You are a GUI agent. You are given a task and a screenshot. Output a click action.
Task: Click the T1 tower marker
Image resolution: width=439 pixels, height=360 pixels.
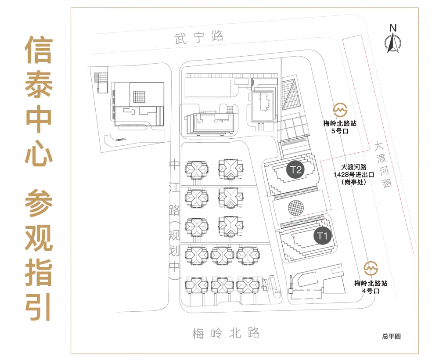[x=323, y=236]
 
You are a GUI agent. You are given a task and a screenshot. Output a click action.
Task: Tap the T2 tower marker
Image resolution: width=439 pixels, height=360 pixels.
[x=296, y=169]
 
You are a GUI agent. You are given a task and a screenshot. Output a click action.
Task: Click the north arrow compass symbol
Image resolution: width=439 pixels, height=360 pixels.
[x=392, y=43]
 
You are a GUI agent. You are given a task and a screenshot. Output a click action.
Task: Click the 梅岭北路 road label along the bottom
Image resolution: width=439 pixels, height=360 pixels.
[x=226, y=333]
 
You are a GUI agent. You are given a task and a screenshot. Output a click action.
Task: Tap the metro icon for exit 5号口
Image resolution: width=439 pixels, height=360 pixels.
[x=339, y=110]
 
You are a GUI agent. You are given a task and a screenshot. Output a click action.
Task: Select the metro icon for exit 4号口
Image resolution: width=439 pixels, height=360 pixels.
[x=371, y=267]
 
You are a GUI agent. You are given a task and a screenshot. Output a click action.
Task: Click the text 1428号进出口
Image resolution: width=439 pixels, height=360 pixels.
[x=353, y=174]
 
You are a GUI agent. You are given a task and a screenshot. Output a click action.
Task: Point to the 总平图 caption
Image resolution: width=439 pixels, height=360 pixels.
[x=391, y=336]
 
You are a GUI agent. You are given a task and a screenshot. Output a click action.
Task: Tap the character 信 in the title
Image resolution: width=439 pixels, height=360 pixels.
[x=38, y=49]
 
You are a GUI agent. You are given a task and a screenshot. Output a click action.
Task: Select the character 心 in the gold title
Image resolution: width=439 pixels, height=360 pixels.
[x=38, y=153]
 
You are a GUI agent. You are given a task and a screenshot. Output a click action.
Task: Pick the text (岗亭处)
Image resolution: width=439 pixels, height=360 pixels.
[x=353, y=182]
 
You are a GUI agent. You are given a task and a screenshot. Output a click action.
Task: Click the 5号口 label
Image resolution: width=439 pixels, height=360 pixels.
[x=339, y=131]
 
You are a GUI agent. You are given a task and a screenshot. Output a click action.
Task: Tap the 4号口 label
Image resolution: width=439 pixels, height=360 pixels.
[x=371, y=291]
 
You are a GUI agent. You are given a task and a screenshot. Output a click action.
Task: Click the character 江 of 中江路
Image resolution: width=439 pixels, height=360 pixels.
[x=175, y=188]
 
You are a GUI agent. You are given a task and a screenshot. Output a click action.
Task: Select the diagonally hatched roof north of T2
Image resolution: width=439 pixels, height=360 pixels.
[x=290, y=94]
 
